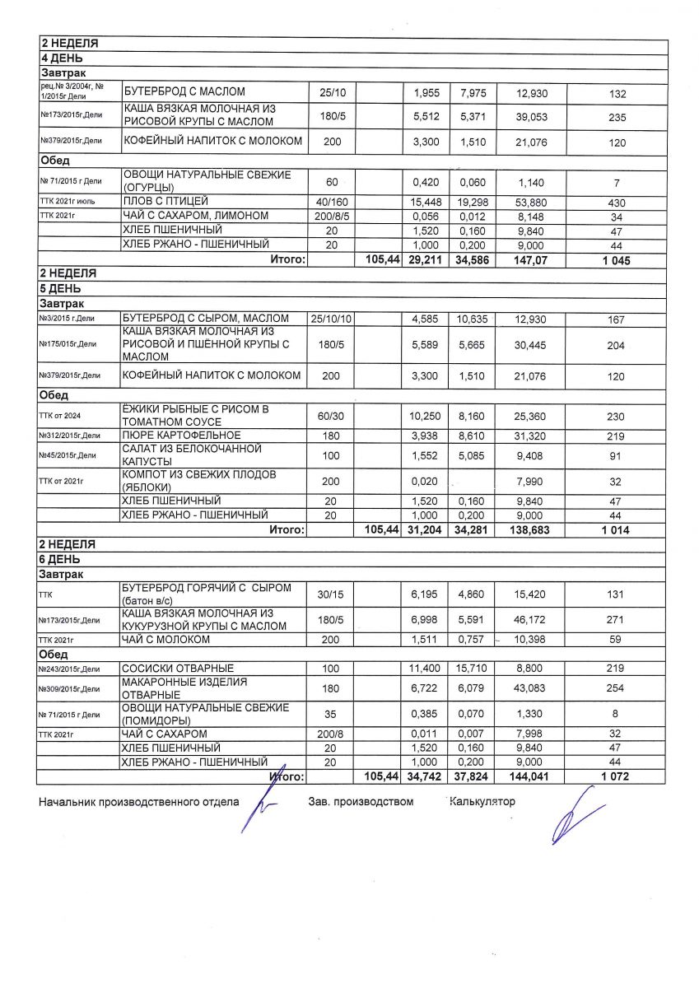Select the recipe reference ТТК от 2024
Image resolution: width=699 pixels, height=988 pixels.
tap(62, 415)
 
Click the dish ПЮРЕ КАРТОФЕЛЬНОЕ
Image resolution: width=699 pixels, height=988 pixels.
tap(181, 435)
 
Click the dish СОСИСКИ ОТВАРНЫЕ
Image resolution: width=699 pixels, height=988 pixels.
tap(178, 668)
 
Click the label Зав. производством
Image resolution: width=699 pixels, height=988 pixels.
tap(361, 801)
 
